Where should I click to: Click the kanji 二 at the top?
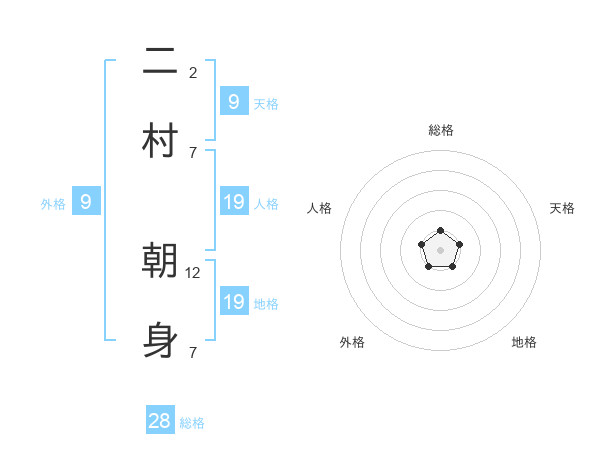pyautogui.click(x=160, y=62)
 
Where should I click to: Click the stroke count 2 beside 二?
pyautogui.click(x=193, y=72)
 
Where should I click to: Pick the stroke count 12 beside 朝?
pyautogui.click(x=195, y=272)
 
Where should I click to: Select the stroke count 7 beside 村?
pyautogui.click(x=193, y=152)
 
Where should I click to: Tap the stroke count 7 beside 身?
pyautogui.click(x=193, y=352)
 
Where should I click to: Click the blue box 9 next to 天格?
pyautogui.click(x=233, y=102)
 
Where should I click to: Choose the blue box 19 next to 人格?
pyautogui.click(x=234, y=202)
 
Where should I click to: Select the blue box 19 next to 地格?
pyautogui.click(x=234, y=302)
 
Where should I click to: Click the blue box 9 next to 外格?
pyautogui.click(x=86, y=202)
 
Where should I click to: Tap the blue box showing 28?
pyautogui.click(x=160, y=421)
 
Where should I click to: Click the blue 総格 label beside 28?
pyautogui.click(x=192, y=423)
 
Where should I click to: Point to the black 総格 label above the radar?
pyautogui.click(x=441, y=130)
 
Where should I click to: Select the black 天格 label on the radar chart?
pyautogui.click(x=563, y=208)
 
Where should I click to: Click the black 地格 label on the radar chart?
pyautogui.click(x=524, y=342)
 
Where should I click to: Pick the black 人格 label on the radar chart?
pyautogui.click(x=320, y=208)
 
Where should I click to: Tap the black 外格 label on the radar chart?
pyautogui.click(x=352, y=342)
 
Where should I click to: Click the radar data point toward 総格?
pyautogui.click(x=441, y=232)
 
